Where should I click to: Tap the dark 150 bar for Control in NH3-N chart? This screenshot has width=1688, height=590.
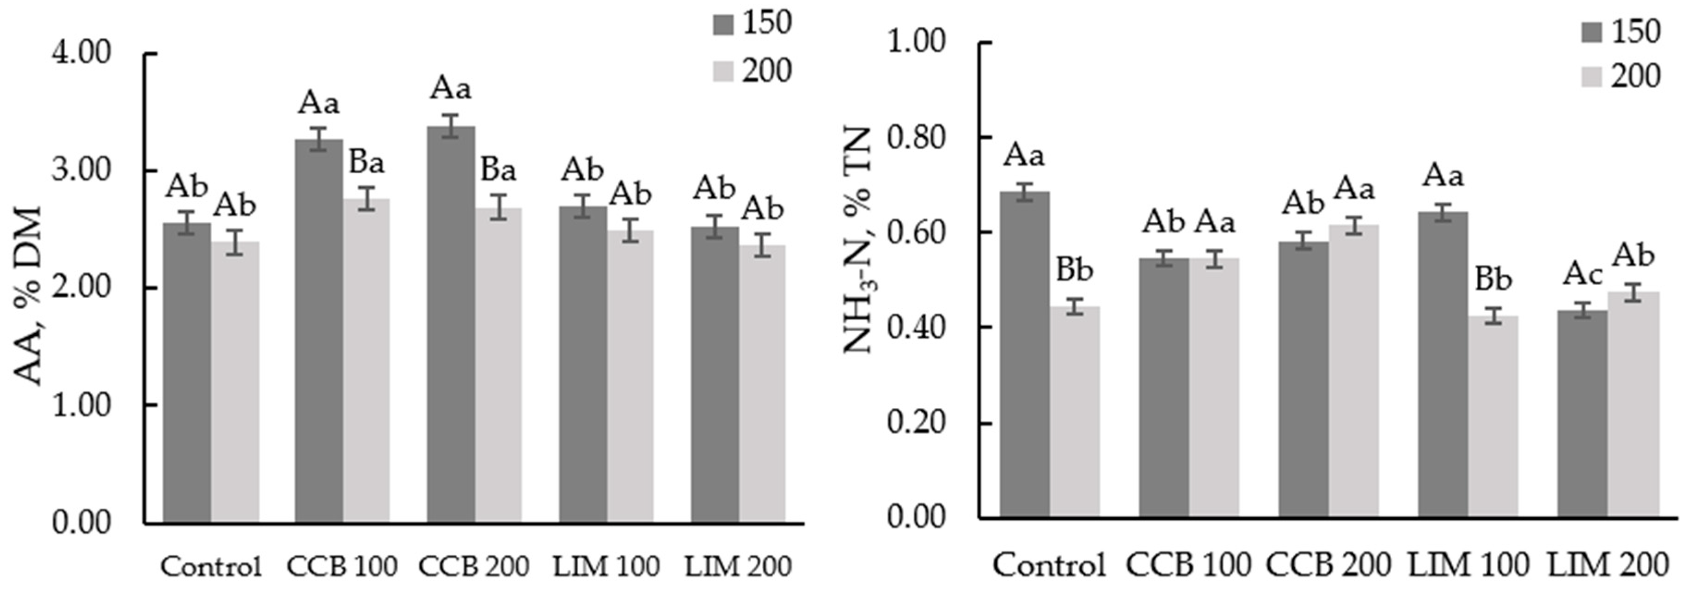(1024, 353)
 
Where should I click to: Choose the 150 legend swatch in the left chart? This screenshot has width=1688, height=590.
(724, 24)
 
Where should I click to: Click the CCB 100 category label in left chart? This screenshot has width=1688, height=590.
(342, 566)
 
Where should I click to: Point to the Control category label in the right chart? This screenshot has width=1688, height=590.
(1050, 565)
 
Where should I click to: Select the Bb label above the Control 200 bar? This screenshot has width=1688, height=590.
(1075, 270)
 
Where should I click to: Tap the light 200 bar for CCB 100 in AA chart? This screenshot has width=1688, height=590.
(366, 360)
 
